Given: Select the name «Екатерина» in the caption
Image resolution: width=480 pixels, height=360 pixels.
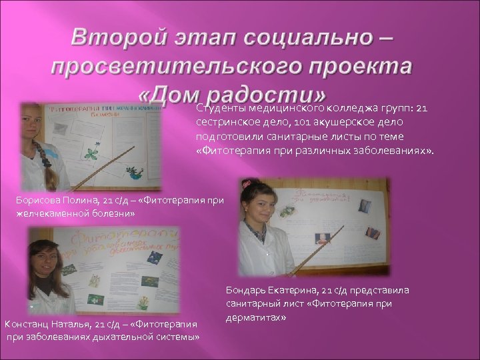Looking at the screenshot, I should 293,290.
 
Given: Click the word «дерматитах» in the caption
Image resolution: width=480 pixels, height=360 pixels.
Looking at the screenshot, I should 256,318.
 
